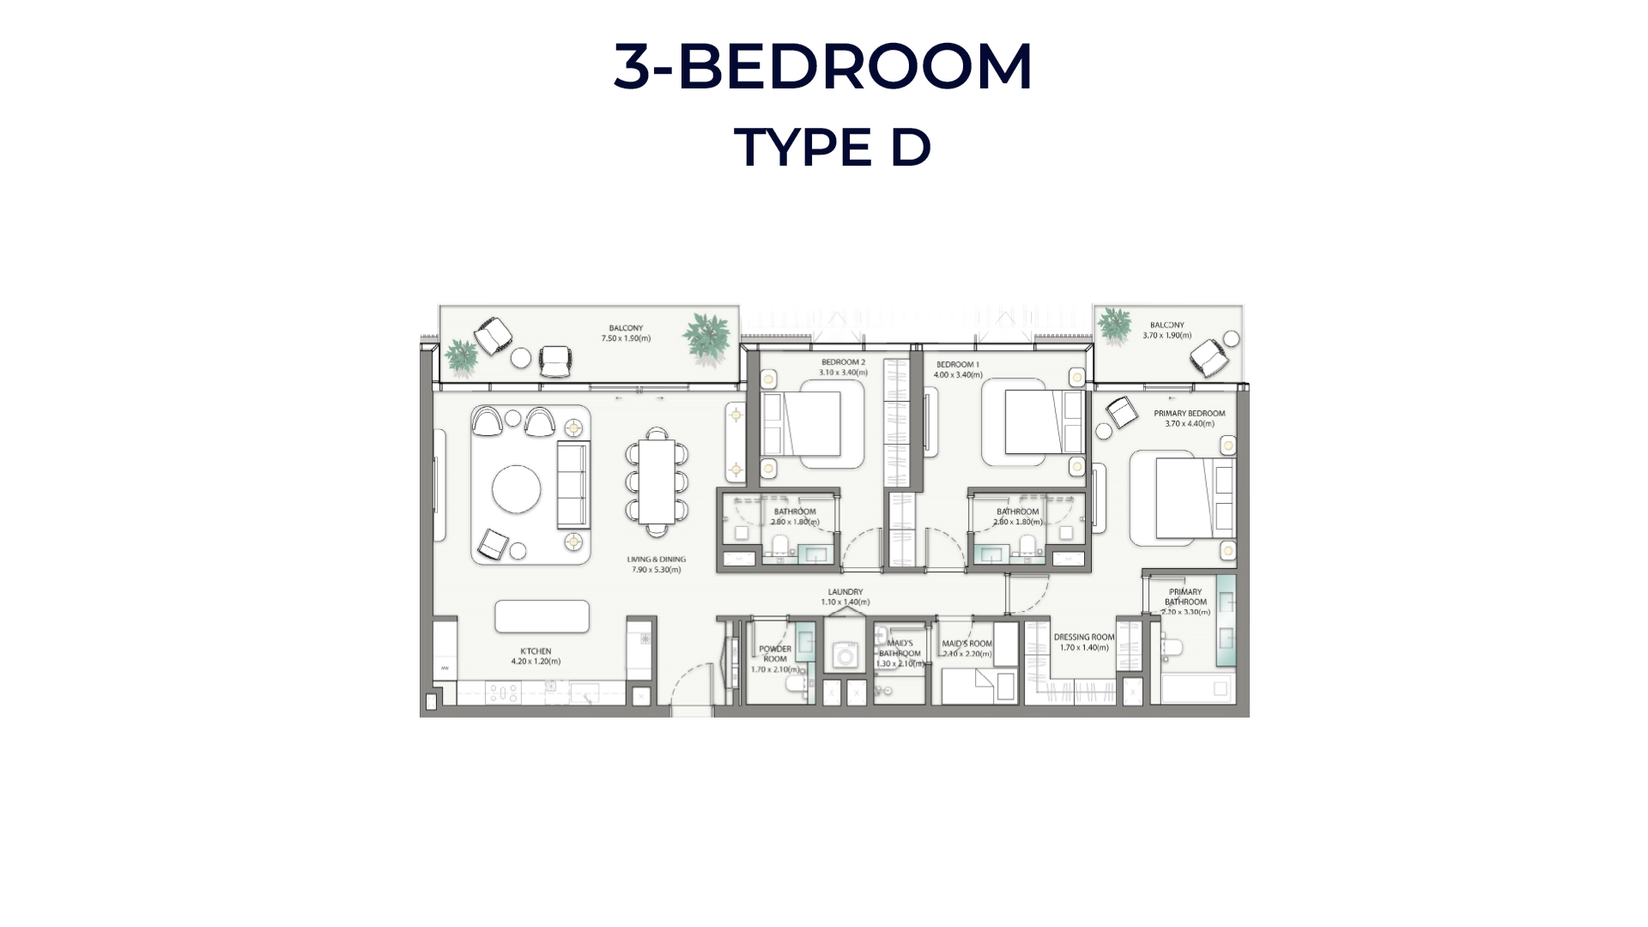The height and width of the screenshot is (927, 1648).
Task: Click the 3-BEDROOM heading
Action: [823, 66]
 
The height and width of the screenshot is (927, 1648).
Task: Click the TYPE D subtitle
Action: [832, 147]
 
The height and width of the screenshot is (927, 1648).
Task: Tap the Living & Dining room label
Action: [656, 560]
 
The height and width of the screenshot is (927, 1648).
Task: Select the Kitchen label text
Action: [535, 651]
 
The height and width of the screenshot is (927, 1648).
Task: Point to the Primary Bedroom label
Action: [1189, 414]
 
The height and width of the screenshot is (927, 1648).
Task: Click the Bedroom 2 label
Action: [843, 362]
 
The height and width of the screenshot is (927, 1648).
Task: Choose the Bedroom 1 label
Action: [957, 365]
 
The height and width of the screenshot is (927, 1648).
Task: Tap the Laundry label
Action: [845, 592]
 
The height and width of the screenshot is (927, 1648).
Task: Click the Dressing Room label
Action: [1083, 638]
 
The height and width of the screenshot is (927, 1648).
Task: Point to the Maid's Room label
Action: [966, 644]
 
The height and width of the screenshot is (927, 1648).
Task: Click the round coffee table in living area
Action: [516, 489]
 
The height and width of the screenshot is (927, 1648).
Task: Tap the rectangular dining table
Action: [657, 482]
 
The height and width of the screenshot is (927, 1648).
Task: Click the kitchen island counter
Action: [542, 616]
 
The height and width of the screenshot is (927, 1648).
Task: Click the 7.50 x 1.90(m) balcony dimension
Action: [626, 338]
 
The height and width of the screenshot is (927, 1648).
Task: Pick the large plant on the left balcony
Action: [707, 337]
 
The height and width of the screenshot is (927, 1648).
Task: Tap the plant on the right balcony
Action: [1114, 325]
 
